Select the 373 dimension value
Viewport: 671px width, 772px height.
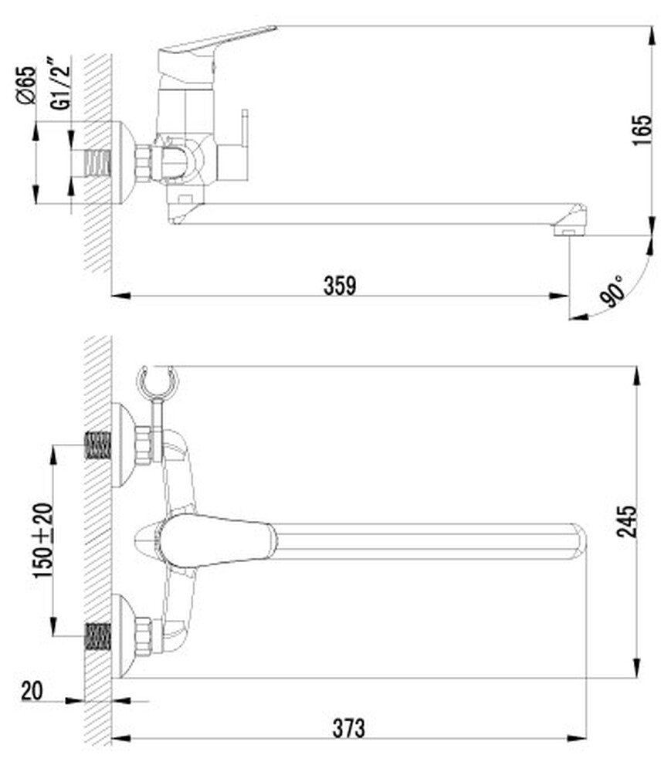coord(349,727)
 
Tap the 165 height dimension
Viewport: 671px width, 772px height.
coord(642,132)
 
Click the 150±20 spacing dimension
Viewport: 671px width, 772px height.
coord(43,540)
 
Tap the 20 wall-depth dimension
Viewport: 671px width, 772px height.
coord(31,690)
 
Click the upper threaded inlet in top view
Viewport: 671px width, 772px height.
coord(98,446)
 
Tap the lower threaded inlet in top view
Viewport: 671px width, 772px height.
coord(98,635)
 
